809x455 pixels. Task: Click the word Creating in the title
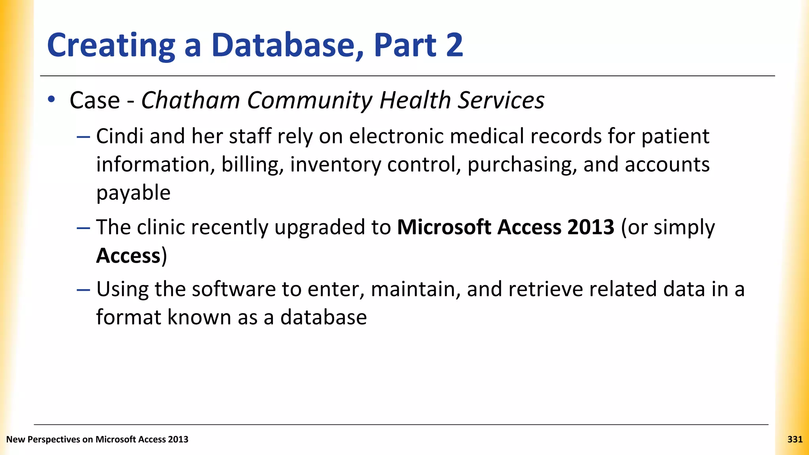(x=111, y=46)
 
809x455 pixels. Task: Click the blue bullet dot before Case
(x=51, y=100)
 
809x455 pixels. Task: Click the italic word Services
(x=501, y=100)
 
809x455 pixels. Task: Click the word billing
(x=252, y=165)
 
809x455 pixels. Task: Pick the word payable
(x=133, y=193)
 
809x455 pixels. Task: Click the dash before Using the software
(x=83, y=290)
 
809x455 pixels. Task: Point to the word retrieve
(x=546, y=289)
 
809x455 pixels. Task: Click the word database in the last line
(x=324, y=318)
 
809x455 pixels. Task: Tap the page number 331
(x=794, y=439)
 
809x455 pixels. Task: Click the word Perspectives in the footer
(x=53, y=439)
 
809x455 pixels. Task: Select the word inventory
(x=335, y=165)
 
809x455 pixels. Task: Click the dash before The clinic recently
(x=83, y=228)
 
